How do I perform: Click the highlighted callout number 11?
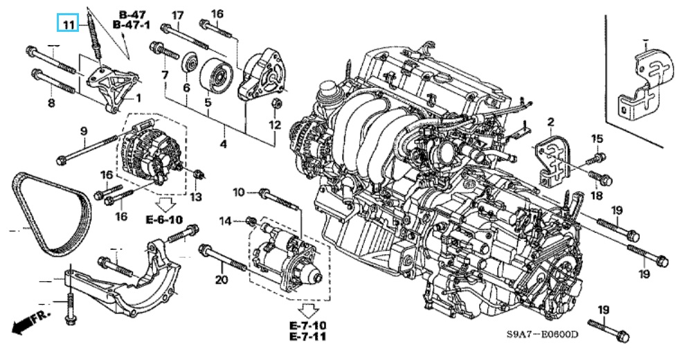[x=68, y=24]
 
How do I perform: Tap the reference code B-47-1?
[x=132, y=25]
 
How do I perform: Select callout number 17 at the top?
[x=178, y=16]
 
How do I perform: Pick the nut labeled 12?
[x=276, y=104]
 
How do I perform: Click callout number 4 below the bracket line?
[x=223, y=144]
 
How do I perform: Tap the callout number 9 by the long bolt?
[x=84, y=132]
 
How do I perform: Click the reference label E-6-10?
[x=164, y=219]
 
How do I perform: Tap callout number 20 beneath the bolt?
[x=222, y=280]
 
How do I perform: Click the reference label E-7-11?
[x=307, y=336]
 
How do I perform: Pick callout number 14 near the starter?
[x=226, y=220]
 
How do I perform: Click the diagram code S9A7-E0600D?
[x=542, y=334]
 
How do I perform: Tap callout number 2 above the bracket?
[x=550, y=121]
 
